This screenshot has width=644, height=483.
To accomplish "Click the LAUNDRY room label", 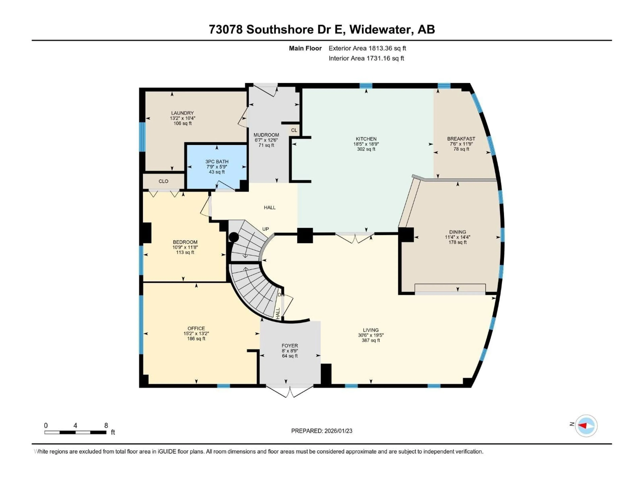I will (182, 113).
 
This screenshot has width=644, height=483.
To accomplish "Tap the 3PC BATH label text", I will (217, 162).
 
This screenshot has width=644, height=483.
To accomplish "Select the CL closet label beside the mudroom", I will (294, 130).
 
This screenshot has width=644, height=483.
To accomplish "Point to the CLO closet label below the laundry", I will (163, 181).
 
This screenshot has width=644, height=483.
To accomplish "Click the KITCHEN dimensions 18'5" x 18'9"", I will (366, 144).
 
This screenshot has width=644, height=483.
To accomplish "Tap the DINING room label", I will (457, 232).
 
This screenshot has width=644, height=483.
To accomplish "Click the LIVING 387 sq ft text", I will (371, 340).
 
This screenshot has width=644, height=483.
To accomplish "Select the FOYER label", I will (290, 346).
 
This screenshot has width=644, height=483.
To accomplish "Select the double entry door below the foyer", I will (290, 392).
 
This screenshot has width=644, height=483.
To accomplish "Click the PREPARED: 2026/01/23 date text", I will (321, 431).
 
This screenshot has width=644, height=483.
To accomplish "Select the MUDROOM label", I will (266, 135).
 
